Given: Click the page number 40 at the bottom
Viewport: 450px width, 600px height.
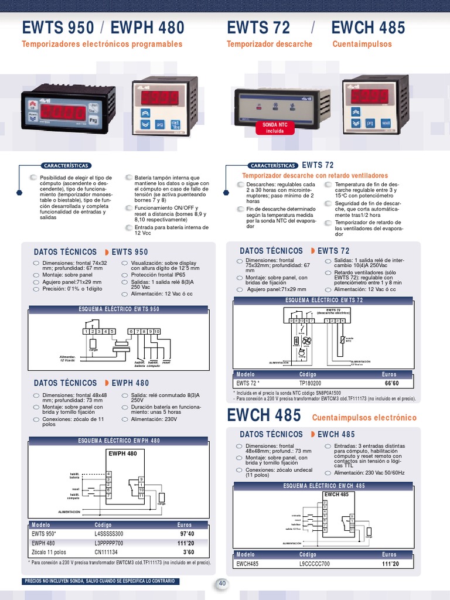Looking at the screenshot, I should tap(222, 583).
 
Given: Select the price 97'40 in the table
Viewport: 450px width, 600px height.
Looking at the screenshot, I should tap(187, 534).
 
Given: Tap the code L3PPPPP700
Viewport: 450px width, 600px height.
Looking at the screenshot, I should tap(109, 543).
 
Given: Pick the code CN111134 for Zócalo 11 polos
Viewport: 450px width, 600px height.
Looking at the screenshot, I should tap(106, 552).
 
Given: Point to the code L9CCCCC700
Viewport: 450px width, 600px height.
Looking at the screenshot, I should tap(315, 564).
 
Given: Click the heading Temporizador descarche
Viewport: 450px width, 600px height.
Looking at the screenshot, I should tap(270, 44).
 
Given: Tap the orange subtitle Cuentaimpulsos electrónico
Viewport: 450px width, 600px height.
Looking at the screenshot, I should tap(364, 418).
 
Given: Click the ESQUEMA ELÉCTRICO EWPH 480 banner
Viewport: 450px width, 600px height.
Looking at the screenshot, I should tap(119, 441).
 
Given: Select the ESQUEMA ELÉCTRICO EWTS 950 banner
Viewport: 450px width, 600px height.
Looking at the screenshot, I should tap(119, 309).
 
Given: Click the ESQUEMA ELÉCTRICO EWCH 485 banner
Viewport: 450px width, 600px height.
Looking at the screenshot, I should tap(324, 486).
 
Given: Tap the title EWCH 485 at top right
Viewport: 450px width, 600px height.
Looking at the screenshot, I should tap(368, 28).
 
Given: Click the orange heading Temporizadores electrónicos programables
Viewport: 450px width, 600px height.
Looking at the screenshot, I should tap(102, 44).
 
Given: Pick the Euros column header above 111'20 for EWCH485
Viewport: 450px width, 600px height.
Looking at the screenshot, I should tap(389, 554).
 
